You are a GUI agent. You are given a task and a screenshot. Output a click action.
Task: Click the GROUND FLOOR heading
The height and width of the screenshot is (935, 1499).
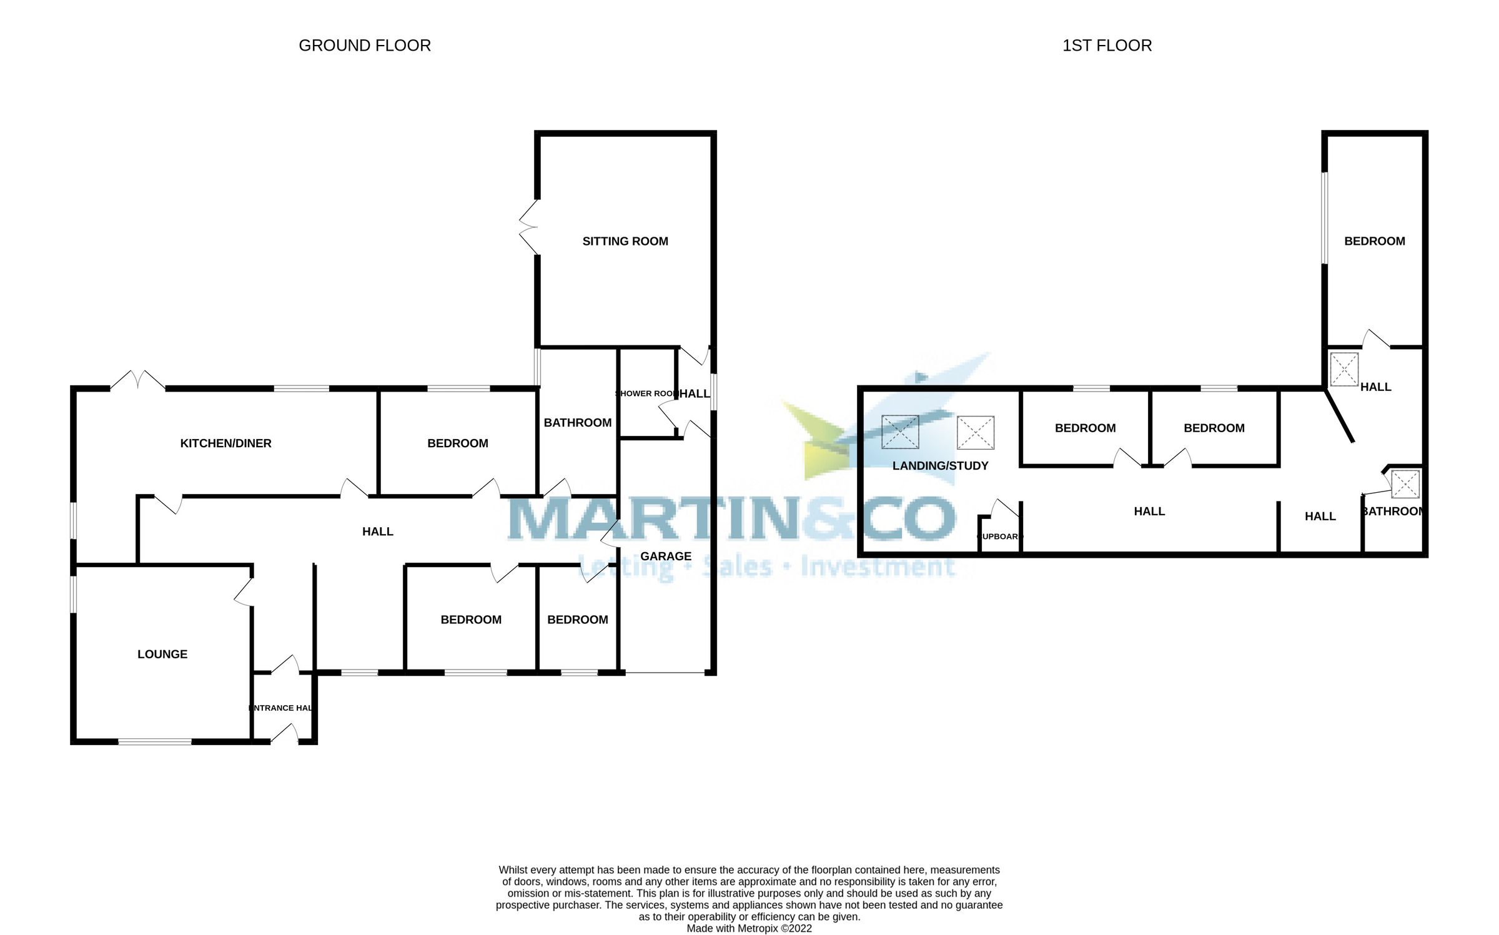365,46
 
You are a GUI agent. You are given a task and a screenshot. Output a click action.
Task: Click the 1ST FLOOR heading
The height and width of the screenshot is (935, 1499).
1107,46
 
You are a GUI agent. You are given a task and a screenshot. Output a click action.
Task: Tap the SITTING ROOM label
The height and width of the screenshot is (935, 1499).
625,241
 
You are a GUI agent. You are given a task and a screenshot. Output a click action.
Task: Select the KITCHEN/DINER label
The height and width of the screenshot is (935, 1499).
225,443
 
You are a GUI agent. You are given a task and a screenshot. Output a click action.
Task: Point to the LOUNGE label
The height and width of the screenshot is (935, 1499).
162,654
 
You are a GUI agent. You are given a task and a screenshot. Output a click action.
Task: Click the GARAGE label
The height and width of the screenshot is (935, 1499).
666,556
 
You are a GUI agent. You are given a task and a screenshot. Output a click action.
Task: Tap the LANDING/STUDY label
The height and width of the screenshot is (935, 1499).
940,466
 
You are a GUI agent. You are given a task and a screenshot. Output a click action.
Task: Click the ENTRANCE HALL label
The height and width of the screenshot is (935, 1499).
281,708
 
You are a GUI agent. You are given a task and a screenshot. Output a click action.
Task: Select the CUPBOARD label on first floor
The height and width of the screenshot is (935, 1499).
999,537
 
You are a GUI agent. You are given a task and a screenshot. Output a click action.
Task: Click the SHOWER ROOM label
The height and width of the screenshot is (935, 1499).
647,393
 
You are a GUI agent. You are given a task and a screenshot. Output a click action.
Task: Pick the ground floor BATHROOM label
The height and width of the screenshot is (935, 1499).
578,423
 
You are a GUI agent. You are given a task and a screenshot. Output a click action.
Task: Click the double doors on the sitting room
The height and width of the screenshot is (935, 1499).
528,227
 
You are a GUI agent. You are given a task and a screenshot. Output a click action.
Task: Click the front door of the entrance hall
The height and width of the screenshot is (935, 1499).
285,733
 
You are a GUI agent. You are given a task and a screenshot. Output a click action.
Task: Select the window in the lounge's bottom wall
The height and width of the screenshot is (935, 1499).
155,742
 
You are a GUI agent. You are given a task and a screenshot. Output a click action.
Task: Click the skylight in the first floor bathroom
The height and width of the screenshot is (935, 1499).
1405,484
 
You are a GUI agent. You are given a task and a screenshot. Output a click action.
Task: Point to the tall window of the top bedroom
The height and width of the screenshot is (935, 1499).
1324,217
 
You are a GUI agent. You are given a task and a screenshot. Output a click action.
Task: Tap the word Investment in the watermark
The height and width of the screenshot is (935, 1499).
878,566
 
